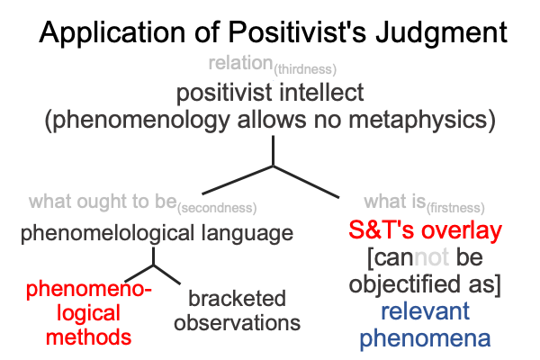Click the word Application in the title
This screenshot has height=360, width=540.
[x=112, y=33]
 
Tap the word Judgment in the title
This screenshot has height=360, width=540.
[x=441, y=33]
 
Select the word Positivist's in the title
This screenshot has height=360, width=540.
[x=297, y=32]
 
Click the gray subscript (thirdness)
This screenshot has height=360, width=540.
[x=305, y=69]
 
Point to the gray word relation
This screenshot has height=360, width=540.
[x=240, y=63]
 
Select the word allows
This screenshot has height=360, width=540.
[x=272, y=119]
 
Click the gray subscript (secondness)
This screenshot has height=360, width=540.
[x=217, y=208]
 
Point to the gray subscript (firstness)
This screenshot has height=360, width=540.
[x=455, y=208]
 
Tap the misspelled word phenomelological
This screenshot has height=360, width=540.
[x=107, y=234]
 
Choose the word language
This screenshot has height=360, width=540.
[x=247, y=234]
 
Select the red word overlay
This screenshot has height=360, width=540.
[x=462, y=230]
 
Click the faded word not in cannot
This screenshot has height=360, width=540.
[x=431, y=257]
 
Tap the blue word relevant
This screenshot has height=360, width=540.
[x=425, y=311]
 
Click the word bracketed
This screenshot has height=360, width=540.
[x=237, y=298]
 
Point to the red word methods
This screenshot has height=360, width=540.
[x=88, y=337]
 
